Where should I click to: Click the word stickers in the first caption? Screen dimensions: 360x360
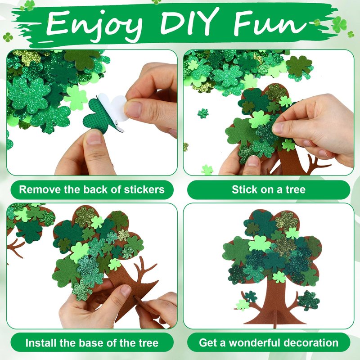point(144,189)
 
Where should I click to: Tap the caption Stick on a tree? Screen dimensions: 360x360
point(269,189)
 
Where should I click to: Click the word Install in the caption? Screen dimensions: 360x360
point(41,343)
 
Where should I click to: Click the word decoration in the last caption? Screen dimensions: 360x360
point(311,343)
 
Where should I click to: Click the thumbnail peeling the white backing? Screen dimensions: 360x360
point(134,108)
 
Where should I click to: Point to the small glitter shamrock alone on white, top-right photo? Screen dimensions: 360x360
point(203,113)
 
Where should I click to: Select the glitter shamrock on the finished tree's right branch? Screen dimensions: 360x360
point(308,300)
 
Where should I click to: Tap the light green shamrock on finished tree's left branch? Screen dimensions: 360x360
point(243,305)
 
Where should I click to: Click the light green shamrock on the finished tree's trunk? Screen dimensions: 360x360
point(279,277)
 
